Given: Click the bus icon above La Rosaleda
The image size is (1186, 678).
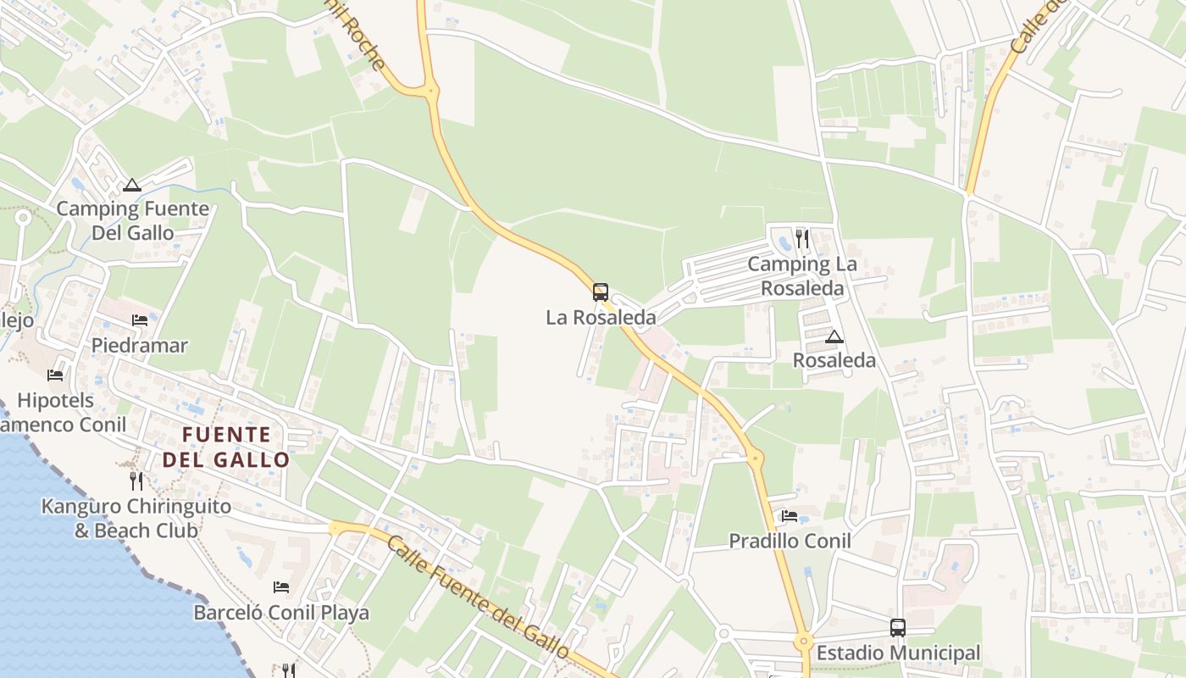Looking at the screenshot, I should coord(601,292).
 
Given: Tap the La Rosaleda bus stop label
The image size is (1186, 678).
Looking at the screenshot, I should coord(601,318).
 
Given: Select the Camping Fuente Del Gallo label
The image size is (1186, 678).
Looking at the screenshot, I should coord(132,220).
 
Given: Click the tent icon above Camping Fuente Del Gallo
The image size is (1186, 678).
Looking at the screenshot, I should coord(131,185).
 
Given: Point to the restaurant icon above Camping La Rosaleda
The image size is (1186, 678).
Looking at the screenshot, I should coord(802,239).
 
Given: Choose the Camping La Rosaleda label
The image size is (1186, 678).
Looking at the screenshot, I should coord(802,276).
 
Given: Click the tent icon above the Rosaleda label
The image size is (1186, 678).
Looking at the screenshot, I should coord(834,336).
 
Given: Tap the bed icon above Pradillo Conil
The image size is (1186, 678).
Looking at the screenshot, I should coord(790,515).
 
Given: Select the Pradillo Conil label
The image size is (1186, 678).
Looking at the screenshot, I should coord(790,541).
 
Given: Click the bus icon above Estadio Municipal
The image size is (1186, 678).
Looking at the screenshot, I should coord(898,628).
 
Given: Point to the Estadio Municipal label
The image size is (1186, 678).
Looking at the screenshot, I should coord(898,653).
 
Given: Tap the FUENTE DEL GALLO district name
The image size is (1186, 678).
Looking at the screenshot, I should coord(226,447).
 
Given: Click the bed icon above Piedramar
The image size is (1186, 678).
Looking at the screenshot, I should coord(140,320).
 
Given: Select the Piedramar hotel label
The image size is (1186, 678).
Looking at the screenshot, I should coord(140,346).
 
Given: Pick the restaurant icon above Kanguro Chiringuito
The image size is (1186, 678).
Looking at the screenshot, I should coord(136,481).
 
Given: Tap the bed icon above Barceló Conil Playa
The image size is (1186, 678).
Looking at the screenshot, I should coord(281,586).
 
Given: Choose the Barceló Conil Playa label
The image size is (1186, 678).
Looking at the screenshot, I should coord(281,612).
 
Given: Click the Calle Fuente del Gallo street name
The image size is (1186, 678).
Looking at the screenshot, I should coord(477,596).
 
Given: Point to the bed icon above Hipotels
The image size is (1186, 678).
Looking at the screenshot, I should coord(56,375).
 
